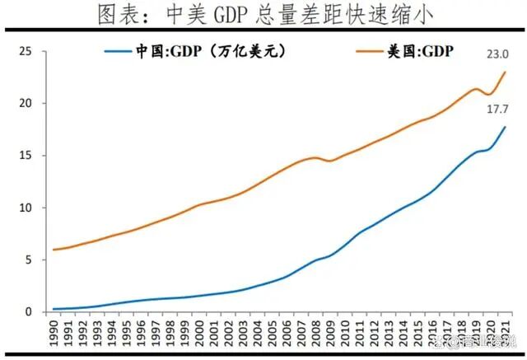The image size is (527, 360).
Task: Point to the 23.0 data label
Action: (497, 55)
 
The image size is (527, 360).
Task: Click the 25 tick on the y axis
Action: (26, 52)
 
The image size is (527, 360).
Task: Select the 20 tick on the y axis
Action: (26, 104)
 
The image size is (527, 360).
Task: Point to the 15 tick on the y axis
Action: (26, 156)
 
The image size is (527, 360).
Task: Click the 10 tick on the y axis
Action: (26, 208)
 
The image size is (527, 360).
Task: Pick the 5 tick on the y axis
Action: (28, 259)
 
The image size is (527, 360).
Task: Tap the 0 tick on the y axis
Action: (28, 311)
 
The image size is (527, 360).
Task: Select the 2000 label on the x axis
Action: (201, 333)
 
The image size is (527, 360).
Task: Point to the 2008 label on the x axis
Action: (317, 333)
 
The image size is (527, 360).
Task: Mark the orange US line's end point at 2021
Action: (505, 72)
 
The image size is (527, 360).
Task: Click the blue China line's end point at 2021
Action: (505, 128)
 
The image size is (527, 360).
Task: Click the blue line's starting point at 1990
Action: (54, 309)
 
